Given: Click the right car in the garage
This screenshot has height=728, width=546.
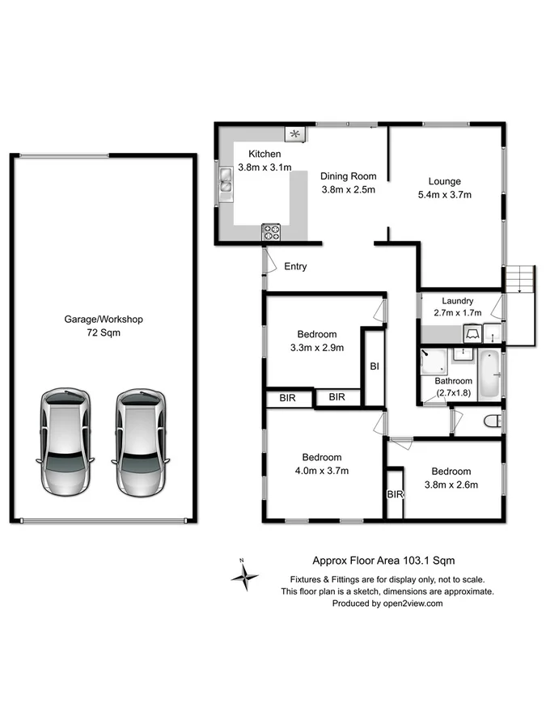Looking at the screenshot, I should click(142, 442).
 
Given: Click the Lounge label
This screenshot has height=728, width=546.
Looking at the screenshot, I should click(444, 181).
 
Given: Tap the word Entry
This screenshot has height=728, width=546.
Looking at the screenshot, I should click(294, 267).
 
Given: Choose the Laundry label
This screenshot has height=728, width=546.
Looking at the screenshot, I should click(458, 301).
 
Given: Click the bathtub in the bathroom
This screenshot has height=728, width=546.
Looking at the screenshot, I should click(490, 375).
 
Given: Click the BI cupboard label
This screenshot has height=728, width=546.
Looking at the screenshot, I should click(375, 366).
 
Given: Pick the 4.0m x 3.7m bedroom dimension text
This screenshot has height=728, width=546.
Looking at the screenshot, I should click(322, 470).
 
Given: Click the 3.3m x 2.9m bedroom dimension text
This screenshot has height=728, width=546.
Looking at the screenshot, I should click(316, 349).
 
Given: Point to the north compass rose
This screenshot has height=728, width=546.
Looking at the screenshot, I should click(244, 576).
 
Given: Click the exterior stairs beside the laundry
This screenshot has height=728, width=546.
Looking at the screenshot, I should click(520, 281).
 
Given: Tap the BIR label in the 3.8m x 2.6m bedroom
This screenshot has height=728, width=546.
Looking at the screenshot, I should click(395, 494).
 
